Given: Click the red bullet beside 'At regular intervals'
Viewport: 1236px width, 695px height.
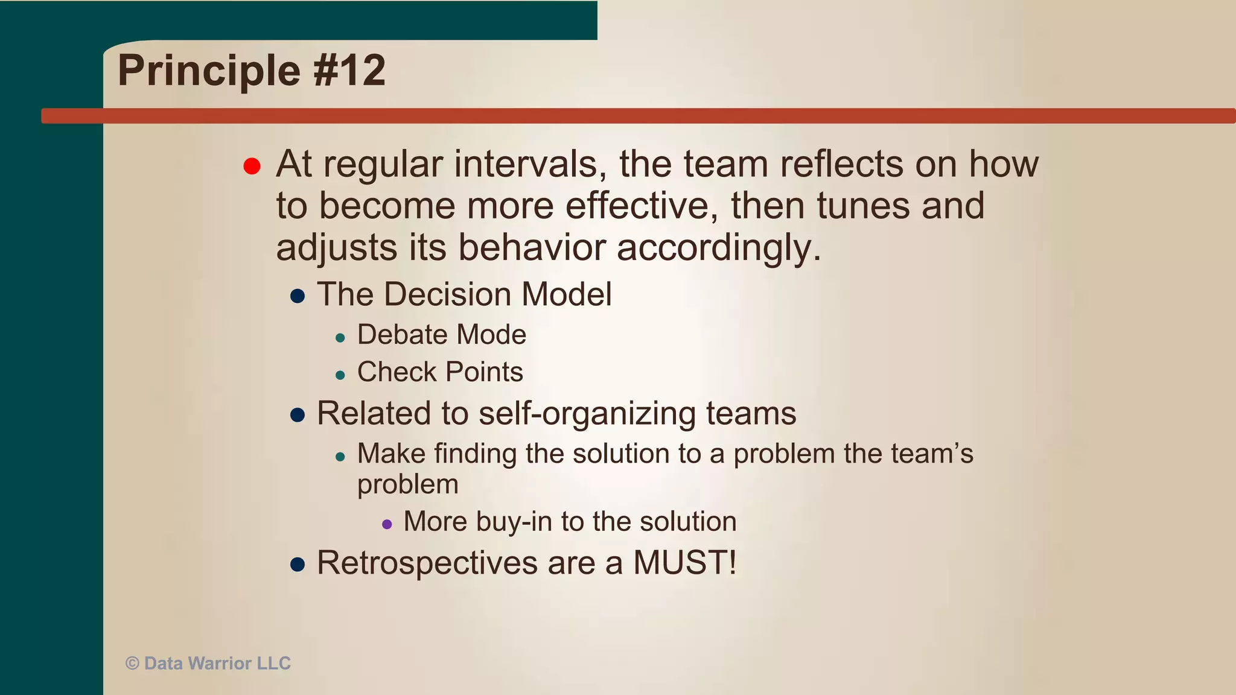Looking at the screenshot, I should click(x=252, y=166).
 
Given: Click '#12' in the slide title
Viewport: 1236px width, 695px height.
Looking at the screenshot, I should click(x=349, y=71).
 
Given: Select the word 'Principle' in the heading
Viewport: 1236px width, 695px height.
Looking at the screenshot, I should click(x=209, y=71).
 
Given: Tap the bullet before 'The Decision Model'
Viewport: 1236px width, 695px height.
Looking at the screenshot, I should click(x=297, y=296).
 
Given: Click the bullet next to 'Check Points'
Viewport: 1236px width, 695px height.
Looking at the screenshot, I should click(x=340, y=375).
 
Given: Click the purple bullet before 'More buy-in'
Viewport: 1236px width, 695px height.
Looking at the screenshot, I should click(x=387, y=524).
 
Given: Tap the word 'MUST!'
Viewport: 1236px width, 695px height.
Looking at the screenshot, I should click(x=685, y=563).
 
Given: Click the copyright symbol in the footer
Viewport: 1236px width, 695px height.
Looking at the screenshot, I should click(x=132, y=664).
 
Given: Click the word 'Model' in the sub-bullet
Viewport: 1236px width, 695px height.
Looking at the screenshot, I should click(x=566, y=295).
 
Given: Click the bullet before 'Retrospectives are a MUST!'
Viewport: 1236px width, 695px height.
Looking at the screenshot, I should click(x=297, y=565).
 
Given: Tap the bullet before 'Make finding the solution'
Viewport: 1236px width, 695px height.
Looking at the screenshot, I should click(x=340, y=457).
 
